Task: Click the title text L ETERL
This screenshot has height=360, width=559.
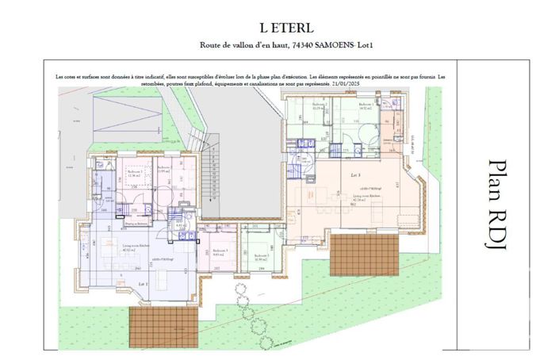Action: [x=278, y=27]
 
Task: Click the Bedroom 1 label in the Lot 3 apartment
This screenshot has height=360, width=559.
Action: [x=366, y=105]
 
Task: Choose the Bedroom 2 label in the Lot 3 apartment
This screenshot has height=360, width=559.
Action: [x=319, y=105]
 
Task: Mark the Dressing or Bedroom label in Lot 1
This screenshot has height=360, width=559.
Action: [x=118, y=224]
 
